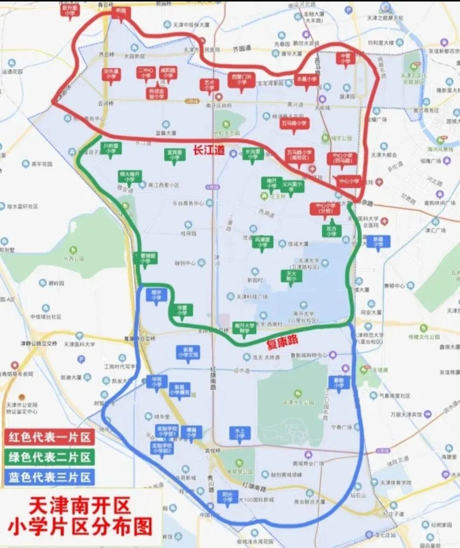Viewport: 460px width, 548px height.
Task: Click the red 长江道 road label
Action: point(209,150)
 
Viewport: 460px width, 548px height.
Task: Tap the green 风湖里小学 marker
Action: point(262,242)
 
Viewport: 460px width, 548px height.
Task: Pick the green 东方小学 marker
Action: point(331,231)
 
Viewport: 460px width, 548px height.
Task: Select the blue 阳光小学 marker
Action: point(227,497)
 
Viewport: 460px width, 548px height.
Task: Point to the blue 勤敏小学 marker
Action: point(339,383)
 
